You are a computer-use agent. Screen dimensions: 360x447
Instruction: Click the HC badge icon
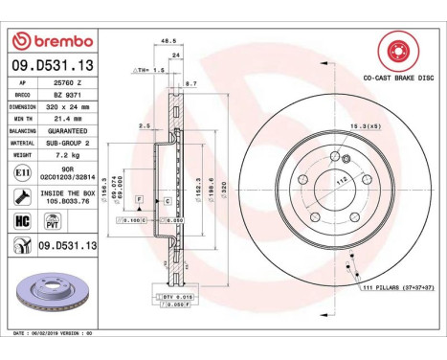(x=23, y=220)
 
